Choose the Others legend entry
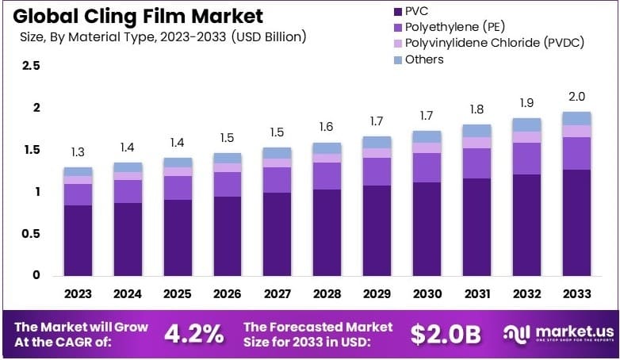coord(424,59)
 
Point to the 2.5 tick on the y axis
coord(32,66)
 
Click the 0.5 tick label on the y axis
coord(32,234)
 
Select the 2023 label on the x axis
coord(78,293)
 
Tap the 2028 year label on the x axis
coord(327,293)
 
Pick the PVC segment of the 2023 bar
coord(78,240)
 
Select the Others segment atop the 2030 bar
coord(427,136)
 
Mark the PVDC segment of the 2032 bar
coord(526,136)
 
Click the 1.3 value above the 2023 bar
coord(78,152)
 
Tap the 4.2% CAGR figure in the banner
coord(193,334)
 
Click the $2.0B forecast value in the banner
coord(446,334)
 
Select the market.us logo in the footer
coord(555,334)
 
